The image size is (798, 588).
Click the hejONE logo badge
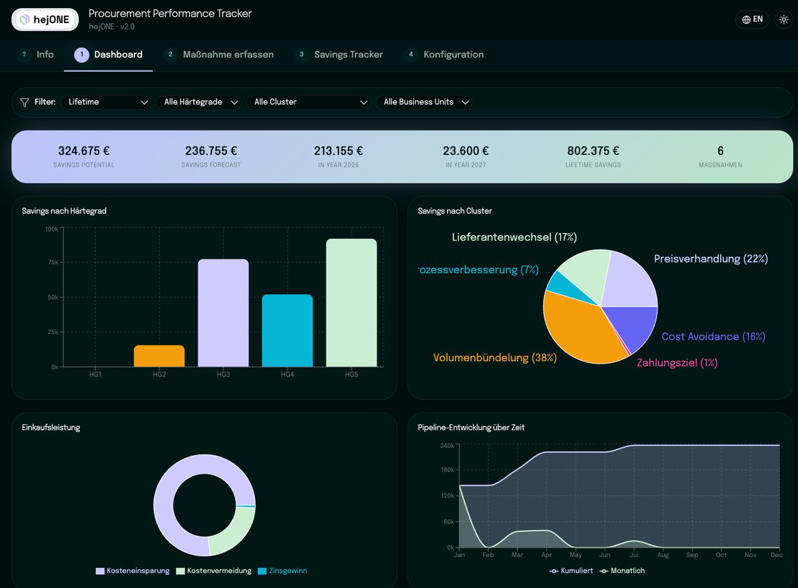(x=45, y=19)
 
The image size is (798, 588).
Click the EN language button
(x=752, y=19)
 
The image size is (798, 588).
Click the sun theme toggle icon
(x=784, y=19)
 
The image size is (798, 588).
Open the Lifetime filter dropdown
(x=106, y=102)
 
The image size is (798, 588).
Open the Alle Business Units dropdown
(x=424, y=102)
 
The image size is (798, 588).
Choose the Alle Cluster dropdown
(x=308, y=102)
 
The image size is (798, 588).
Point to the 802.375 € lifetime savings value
(x=593, y=151)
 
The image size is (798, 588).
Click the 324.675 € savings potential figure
(x=84, y=151)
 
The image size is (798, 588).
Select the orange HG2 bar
(x=159, y=355)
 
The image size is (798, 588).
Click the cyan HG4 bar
(x=287, y=330)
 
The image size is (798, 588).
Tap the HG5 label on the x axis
(x=351, y=374)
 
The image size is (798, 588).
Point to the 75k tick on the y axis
(x=53, y=263)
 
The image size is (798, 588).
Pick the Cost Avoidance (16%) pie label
(x=714, y=337)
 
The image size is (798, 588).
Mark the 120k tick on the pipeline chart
(x=448, y=496)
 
